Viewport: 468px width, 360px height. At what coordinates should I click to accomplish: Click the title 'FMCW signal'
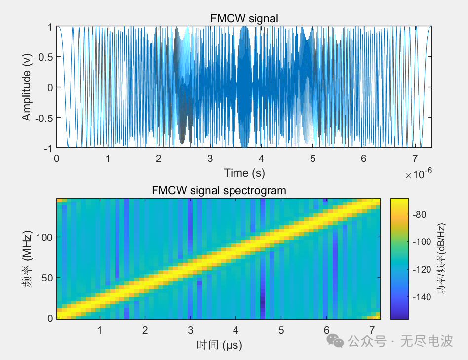(x=244, y=19)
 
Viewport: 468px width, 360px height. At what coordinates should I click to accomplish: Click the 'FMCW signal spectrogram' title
(x=219, y=190)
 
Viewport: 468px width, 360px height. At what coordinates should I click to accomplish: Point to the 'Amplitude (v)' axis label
(x=27, y=87)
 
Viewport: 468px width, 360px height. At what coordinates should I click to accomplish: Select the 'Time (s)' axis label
(x=243, y=173)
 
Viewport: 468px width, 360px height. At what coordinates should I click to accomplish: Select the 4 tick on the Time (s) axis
(x=261, y=159)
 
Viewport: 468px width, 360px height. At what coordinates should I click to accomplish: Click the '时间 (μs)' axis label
(x=219, y=345)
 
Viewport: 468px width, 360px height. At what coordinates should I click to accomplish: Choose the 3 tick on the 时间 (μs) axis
(x=190, y=330)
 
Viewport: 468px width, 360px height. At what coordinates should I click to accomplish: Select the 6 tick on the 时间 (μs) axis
(x=326, y=330)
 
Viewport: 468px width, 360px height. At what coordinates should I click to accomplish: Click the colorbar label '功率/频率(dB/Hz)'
(x=443, y=258)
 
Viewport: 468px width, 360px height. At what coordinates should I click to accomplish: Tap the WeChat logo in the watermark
(x=337, y=341)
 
